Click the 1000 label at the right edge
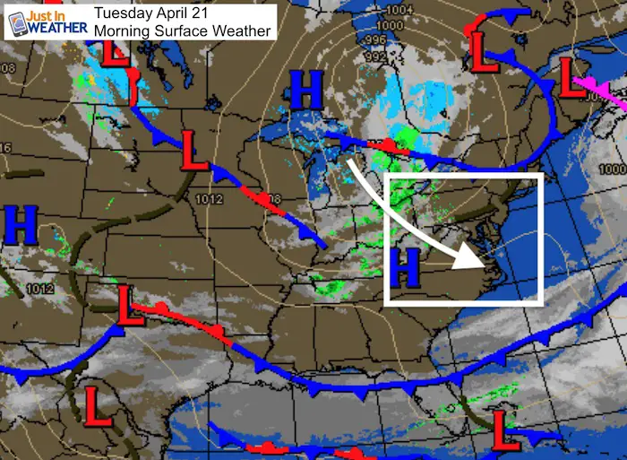pos(614,169)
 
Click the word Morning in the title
pos(127,30)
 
